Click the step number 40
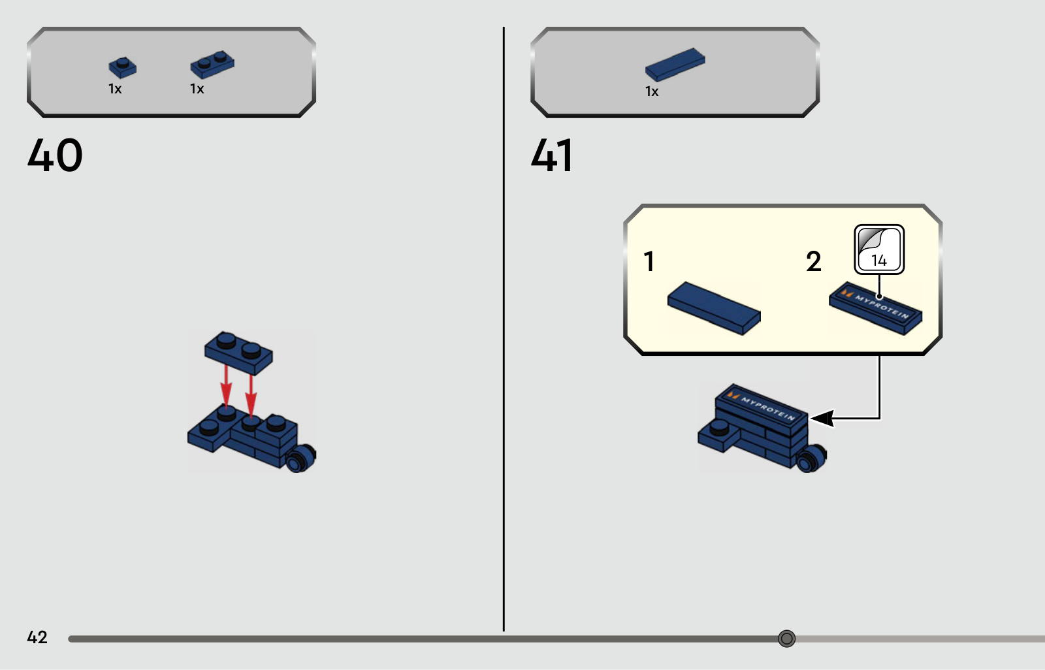tap(55, 155)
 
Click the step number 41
tap(551, 155)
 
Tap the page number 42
tap(37, 637)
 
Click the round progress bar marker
tap(786, 638)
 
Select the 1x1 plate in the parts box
tap(122, 68)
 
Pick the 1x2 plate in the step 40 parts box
tap(212, 65)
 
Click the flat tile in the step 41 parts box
tap(675, 65)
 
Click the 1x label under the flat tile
tap(652, 91)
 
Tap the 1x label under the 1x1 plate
tap(115, 89)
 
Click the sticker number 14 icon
tap(879, 249)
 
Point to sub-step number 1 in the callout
tap(649, 261)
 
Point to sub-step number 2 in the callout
tap(814, 261)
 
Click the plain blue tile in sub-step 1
tap(715, 308)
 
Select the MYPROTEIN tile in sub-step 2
tap(876, 308)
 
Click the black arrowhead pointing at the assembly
tap(822, 418)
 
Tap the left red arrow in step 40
tap(226, 387)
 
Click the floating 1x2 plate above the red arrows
tap(238, 353)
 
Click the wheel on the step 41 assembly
tap(811, 458)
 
